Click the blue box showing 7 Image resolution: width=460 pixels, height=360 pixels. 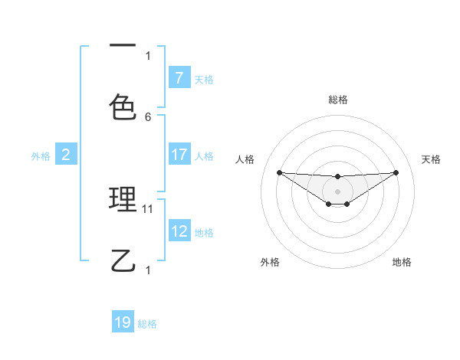(x=179, y=78)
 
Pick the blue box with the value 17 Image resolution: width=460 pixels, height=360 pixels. (x=179, y=155)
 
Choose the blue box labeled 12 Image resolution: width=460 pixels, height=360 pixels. (x=179, y=231)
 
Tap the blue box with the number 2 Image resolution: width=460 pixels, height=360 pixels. (x=66, y=155)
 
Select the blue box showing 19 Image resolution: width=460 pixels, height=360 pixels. (x=123, y=322)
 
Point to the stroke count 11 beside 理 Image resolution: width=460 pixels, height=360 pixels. (x=149, y=208)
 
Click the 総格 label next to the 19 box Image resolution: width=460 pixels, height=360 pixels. (x=147, y=324)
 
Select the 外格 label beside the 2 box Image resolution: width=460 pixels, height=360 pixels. (x=41, y=156)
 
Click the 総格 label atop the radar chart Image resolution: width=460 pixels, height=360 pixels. (x=337, y=100)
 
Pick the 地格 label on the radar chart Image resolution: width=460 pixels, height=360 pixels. (x=402, y=262)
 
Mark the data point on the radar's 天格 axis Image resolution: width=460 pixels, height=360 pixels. (x=396, y=172)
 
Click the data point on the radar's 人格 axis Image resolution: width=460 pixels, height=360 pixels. (x=279, y=172)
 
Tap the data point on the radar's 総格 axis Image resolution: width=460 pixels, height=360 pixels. (x=337, y=177)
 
